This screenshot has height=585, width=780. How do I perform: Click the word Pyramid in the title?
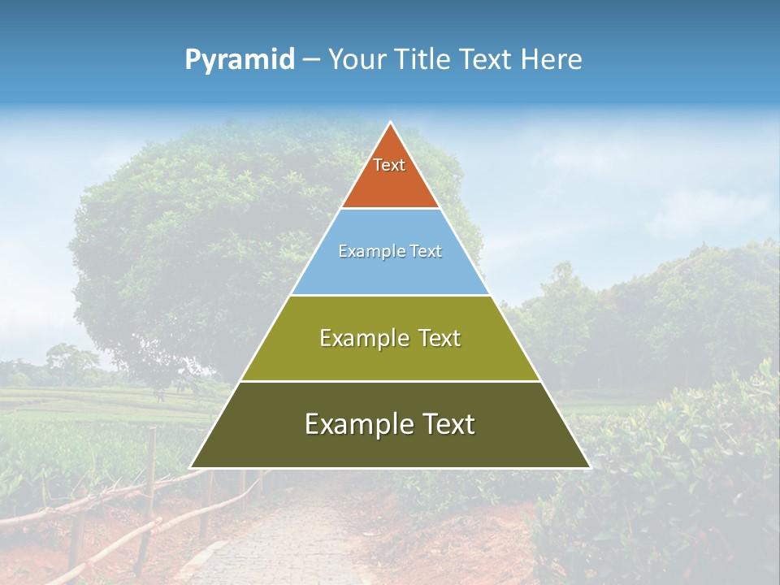pos(240,60)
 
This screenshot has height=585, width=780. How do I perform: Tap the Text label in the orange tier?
pos(389,165)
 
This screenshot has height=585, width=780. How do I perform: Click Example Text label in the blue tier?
pos(390,251)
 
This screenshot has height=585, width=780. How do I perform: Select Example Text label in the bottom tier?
pos(390,424)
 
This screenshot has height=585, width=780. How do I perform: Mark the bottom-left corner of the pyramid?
pos(191,467)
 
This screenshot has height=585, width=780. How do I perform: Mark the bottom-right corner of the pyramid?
pos(590,467)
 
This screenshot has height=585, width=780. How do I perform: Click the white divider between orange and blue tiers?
pos(390,209)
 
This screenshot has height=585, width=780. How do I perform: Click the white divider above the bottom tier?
pos(390,381)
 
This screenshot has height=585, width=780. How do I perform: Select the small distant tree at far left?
pos(69,362)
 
